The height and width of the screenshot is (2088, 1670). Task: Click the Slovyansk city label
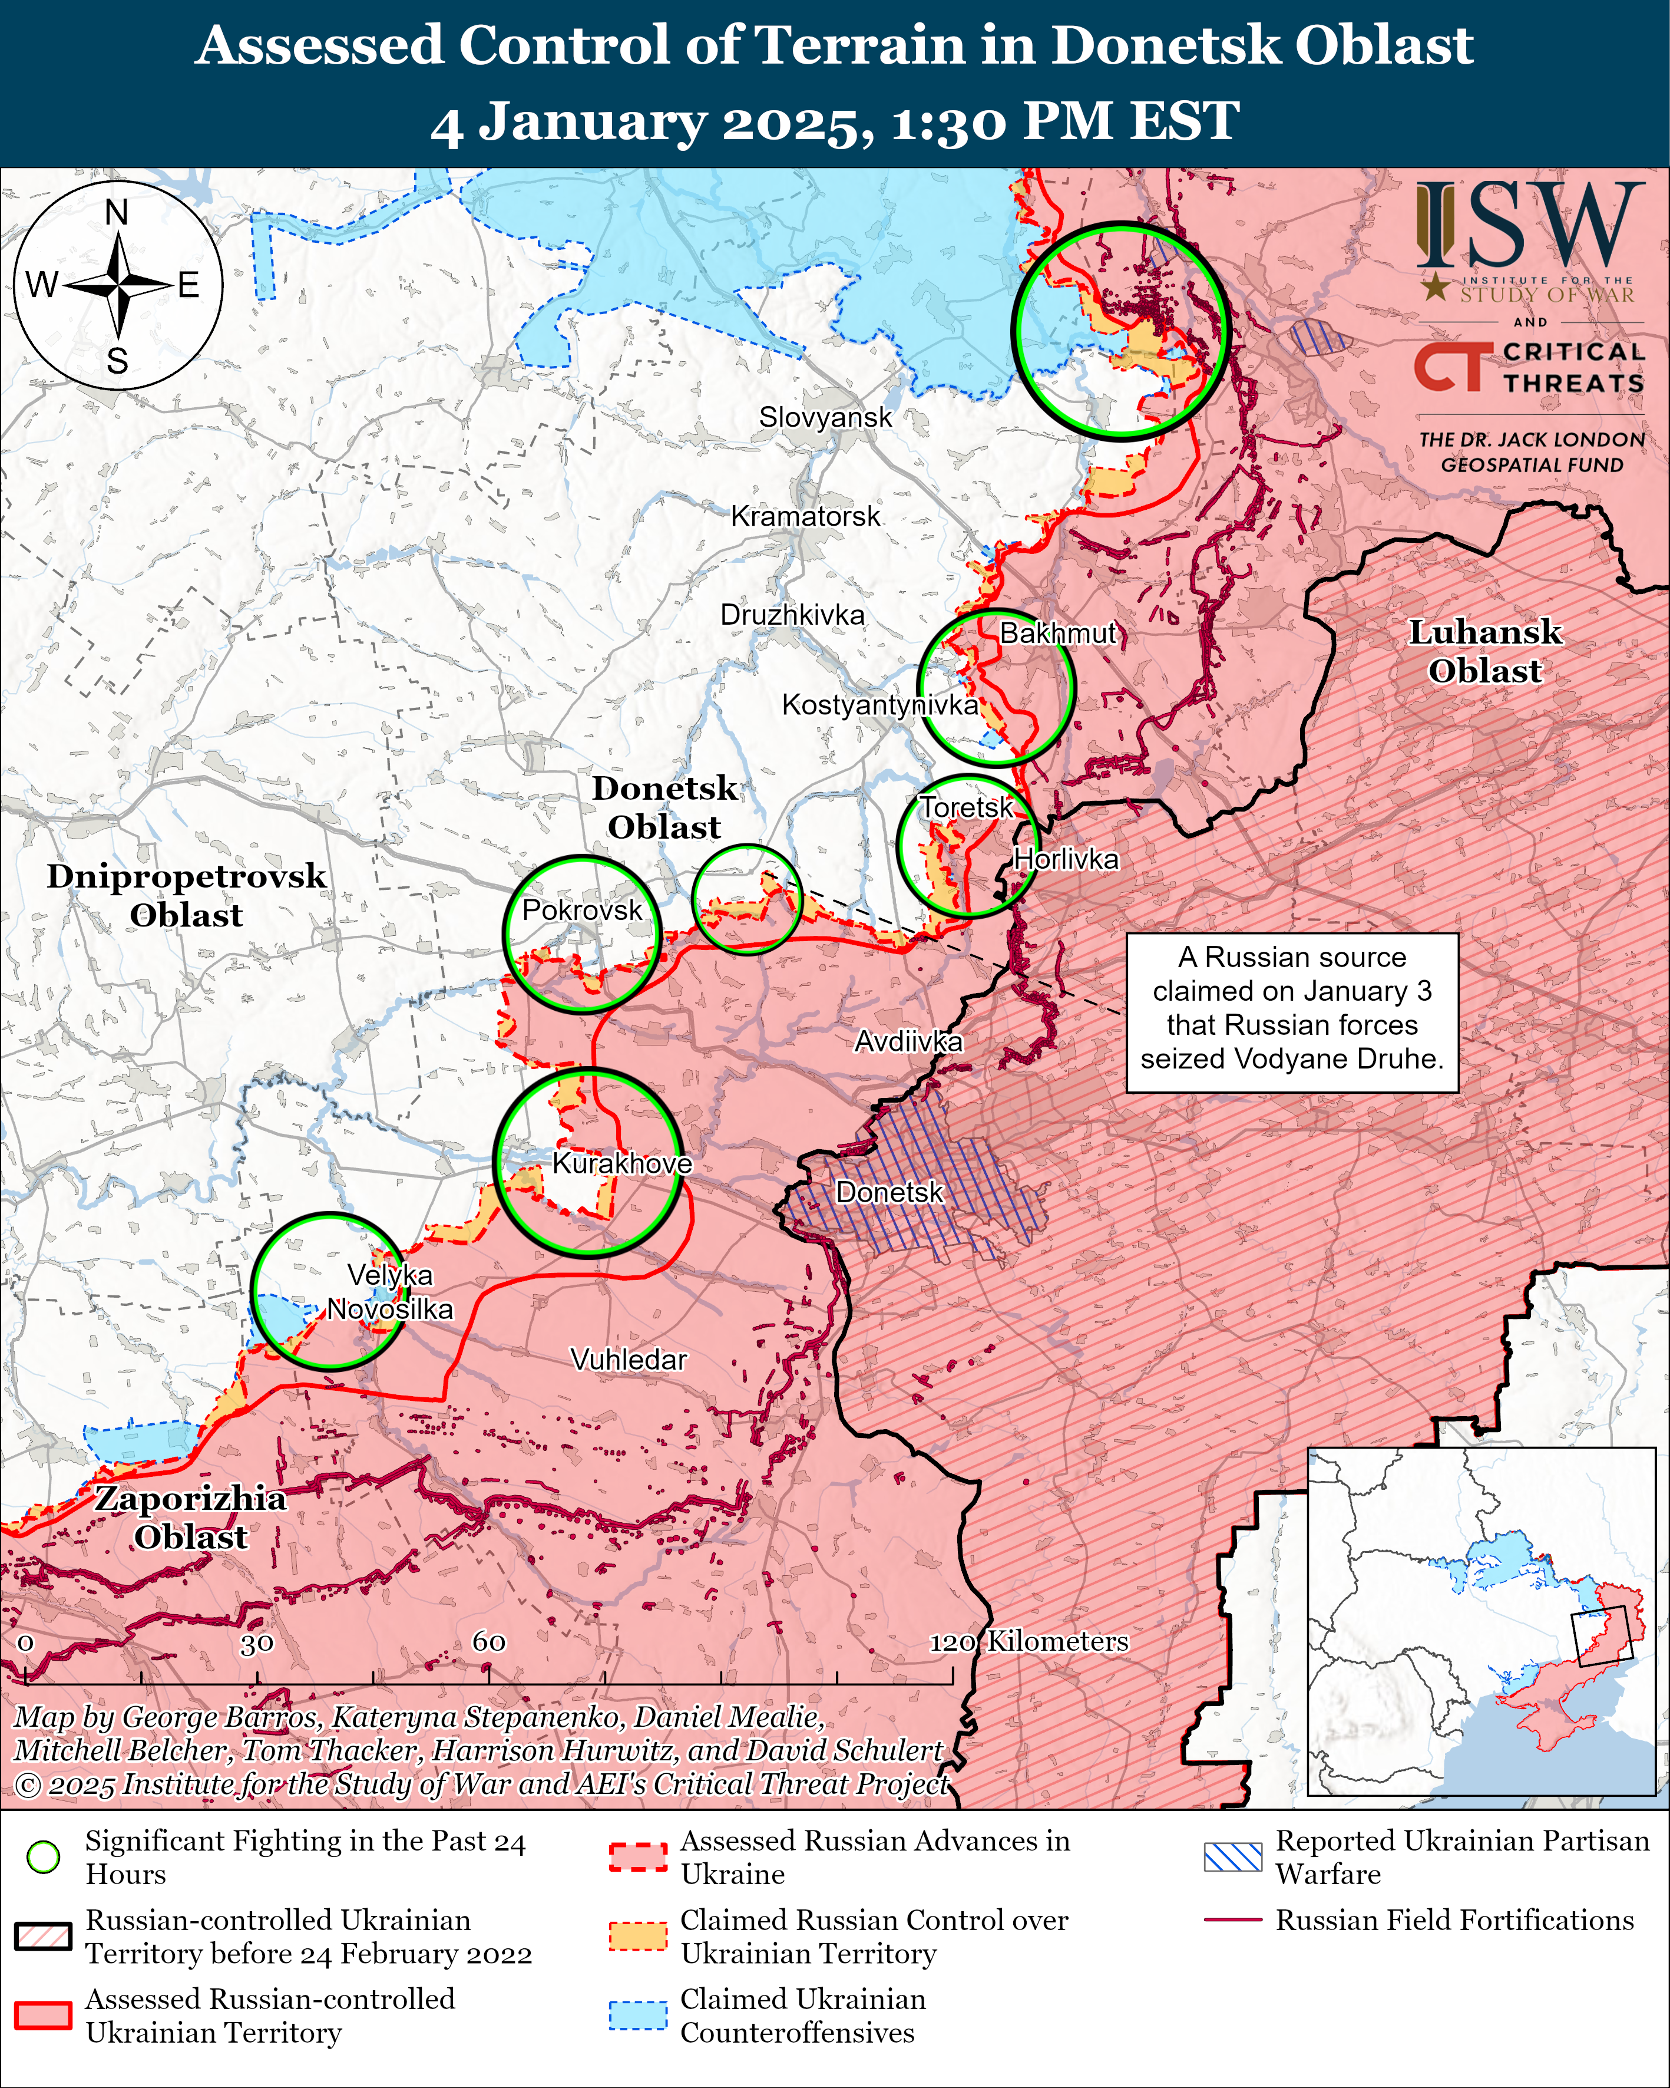click(x=825, y=417)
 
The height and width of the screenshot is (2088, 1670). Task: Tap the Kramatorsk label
click(x=805, y=516)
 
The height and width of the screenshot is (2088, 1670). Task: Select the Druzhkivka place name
click(x=792, y=615)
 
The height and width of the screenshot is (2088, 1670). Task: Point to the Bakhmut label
click(x=1058, y=634)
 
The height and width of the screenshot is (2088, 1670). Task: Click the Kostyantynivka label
click(x=879, y=704)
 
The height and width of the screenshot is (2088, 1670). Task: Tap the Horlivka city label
click(x=1066, y=859)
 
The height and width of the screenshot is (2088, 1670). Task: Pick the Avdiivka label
click(x=908, y=1041)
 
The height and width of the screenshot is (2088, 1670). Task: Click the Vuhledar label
click(x=629, y=1360)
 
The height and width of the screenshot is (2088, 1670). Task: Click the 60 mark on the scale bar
click(x=489, y=1641)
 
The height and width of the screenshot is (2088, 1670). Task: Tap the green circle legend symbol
click(x=44, y=1856)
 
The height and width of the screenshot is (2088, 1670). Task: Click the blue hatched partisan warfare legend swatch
click(x=1232, y=1856)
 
